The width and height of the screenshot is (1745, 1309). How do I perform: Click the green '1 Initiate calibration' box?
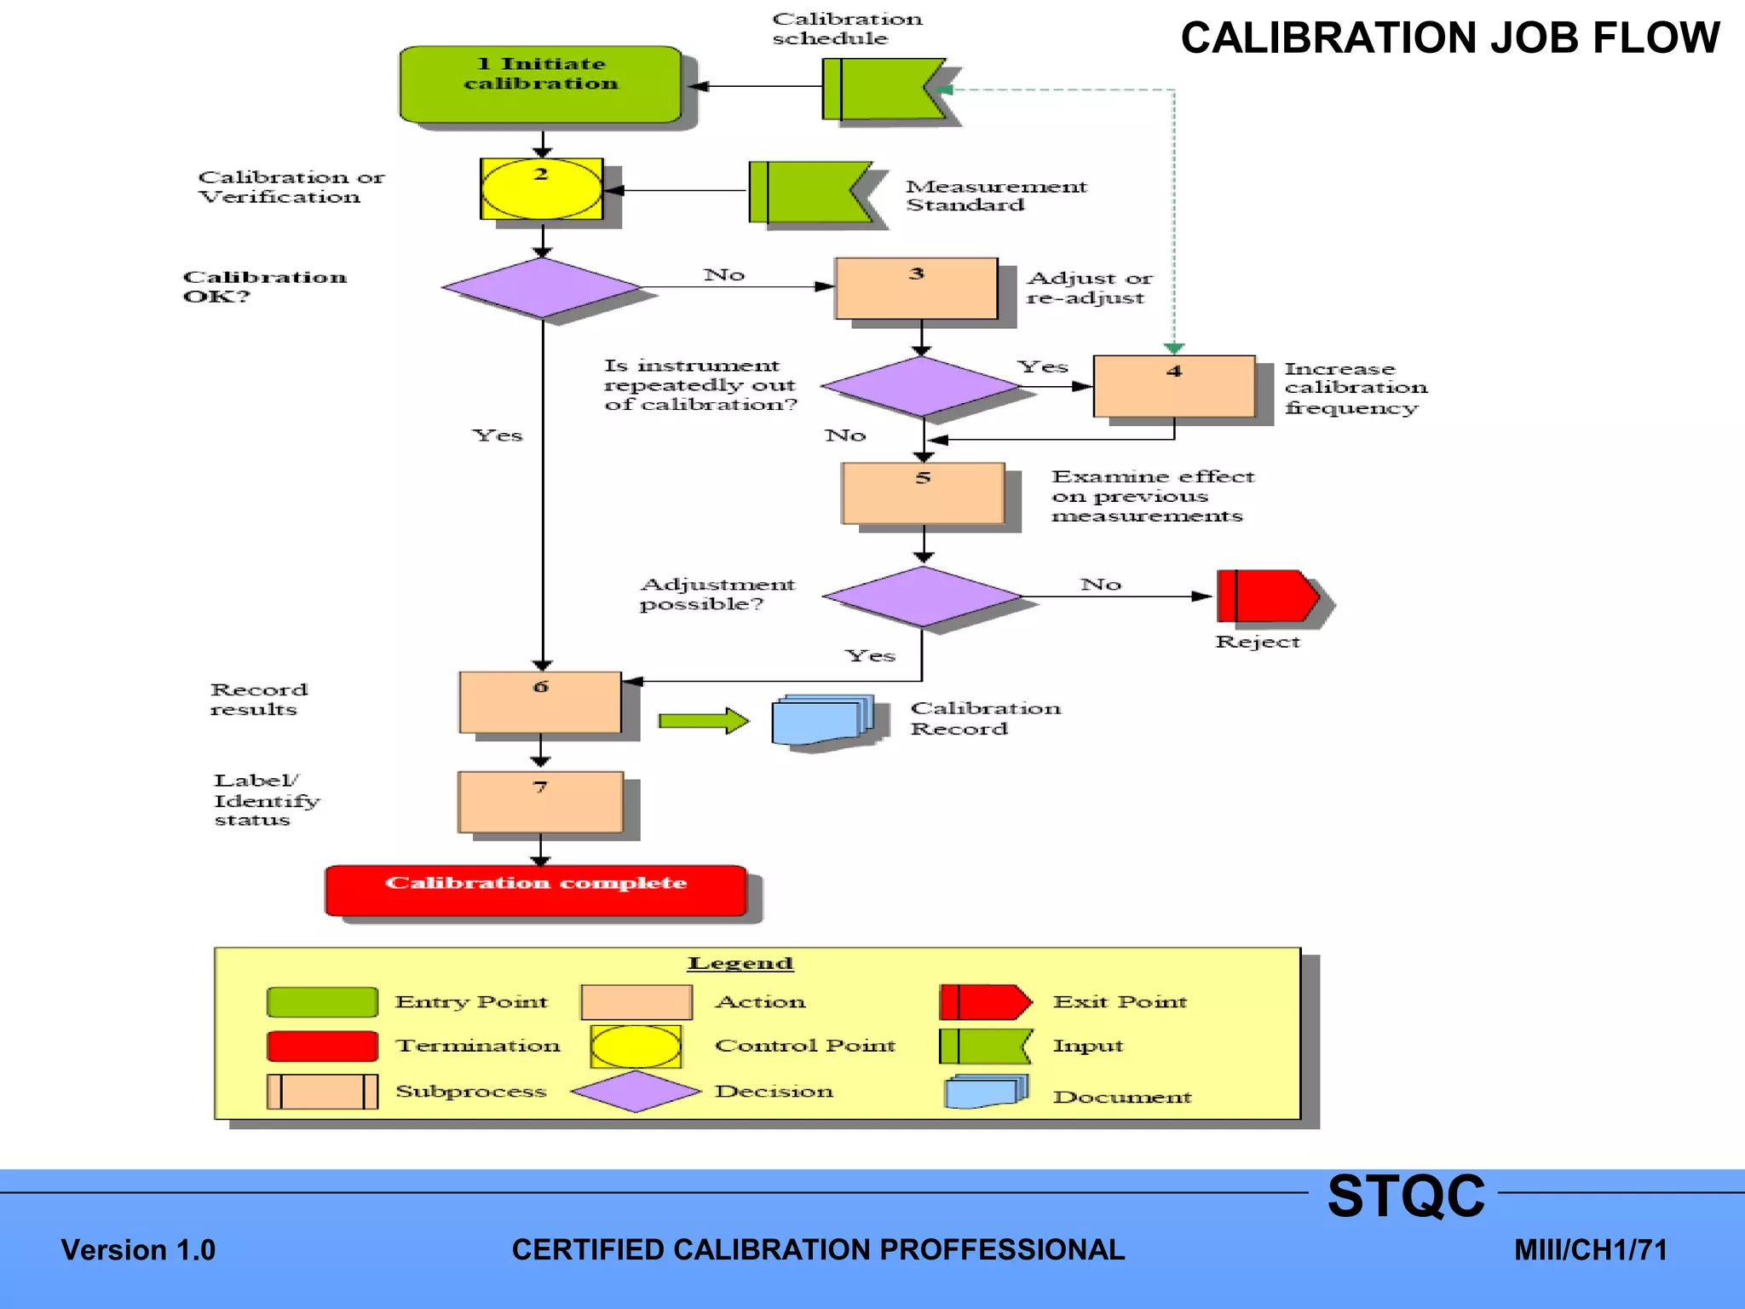(x=540, y=84)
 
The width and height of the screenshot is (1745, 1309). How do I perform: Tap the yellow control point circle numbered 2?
(x=542, y=189)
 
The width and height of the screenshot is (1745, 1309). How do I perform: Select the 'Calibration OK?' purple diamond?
(x=542, y=288)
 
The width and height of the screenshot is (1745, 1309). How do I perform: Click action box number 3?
(x=916, y=289)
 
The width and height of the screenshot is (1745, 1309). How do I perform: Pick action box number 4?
(x=1174, y=386)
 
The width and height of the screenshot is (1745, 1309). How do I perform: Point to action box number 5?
(x=923, y=493)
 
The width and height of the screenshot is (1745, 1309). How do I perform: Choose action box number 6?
(x=540, y=702)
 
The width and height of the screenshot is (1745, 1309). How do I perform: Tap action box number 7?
(x=540, y=802)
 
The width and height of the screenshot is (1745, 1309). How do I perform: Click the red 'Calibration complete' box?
(x=536, y=891)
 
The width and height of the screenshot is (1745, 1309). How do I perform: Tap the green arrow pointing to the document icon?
(x=703, y=721)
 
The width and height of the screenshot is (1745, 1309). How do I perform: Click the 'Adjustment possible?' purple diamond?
(x=923, y=597)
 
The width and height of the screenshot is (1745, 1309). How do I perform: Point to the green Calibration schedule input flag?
(x=880, y=89)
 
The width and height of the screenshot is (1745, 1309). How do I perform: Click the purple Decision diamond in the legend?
(x=636, y=1092)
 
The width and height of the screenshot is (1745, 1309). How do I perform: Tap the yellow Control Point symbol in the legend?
(x=636, y=1047)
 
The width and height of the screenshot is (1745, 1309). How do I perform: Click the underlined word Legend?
(x=740, y=963)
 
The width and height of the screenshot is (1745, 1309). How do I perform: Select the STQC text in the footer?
(x=1405, y=1197)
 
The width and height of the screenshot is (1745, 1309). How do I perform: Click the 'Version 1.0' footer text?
(x=138, y=1250)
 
